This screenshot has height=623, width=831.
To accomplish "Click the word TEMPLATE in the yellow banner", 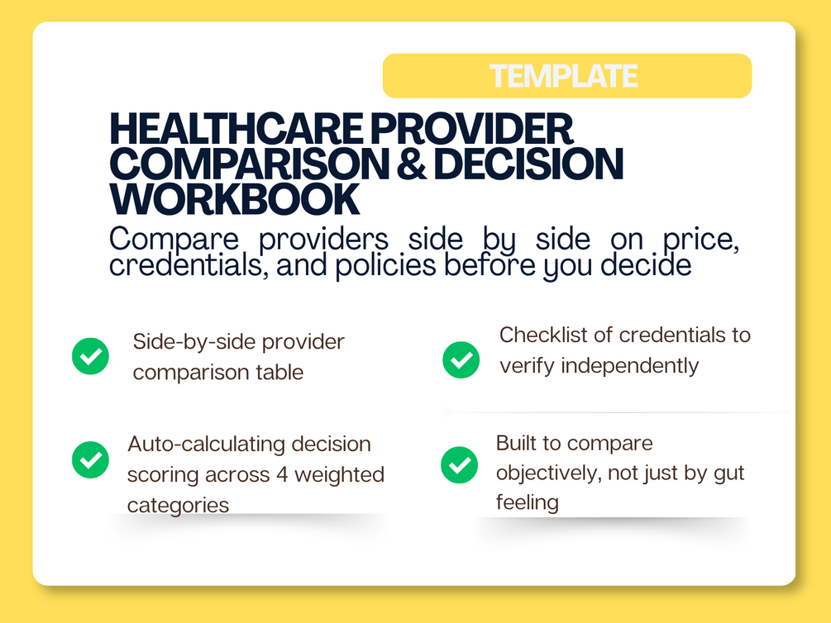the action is pos(563,76).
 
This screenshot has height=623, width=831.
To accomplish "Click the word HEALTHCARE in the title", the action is pos(236,129).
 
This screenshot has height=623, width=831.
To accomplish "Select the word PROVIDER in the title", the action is pos(471,129).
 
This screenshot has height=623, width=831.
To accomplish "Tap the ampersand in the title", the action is pos(411,163).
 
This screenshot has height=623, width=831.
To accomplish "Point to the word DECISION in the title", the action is pos(528,163).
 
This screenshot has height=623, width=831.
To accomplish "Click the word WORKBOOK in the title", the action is pos(235,199).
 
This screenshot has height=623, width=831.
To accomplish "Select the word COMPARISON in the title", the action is pos(250,163).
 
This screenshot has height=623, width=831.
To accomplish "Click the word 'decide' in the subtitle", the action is pos(646,265).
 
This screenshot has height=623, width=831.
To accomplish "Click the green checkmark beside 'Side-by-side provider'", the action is pos(91,356).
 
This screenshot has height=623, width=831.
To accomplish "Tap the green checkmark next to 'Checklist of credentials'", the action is pos(461,359).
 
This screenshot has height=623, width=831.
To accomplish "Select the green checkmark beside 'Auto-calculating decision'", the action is pos(91,459).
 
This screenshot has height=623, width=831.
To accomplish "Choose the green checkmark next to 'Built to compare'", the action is pos(459,465).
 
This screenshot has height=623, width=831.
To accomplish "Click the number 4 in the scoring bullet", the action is pos(283,474).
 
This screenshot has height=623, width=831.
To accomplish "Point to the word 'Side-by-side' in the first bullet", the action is pos(194,343).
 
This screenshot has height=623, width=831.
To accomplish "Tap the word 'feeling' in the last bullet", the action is pos(528,502).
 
